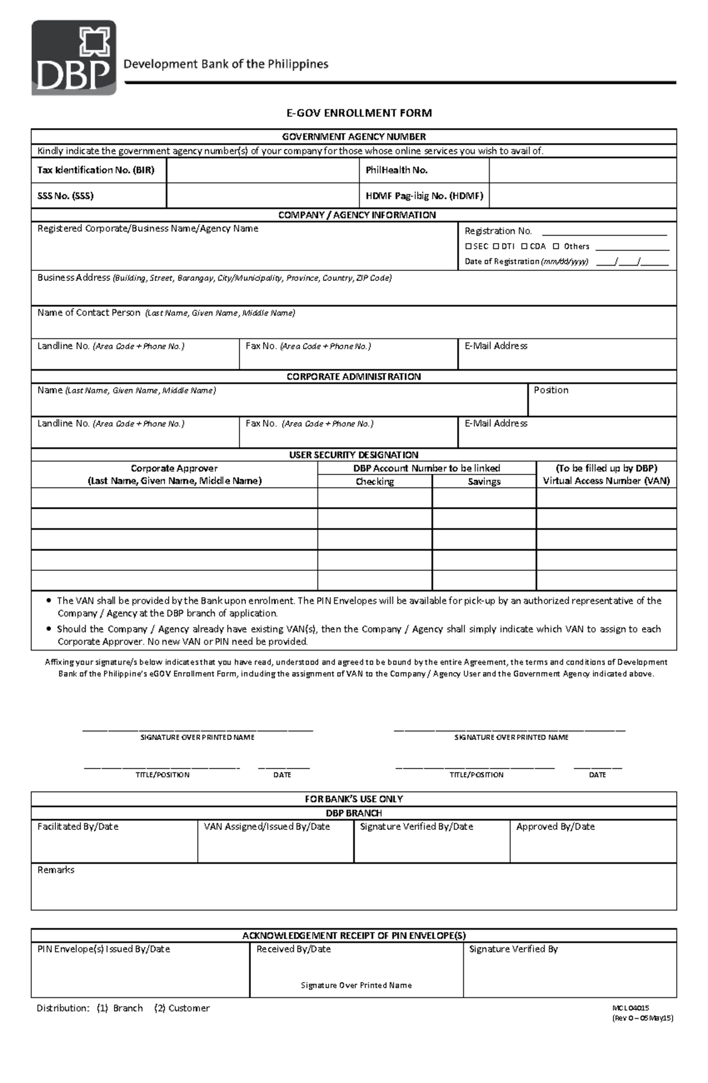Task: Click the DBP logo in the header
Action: click(74, 58)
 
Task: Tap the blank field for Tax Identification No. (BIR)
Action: click(263, 171)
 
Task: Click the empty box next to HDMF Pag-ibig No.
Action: click(582, 196)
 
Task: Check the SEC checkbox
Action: click(468, 247)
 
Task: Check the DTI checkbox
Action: click(496, 247)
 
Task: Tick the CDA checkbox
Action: click(525, 247)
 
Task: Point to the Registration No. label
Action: click(498, 231)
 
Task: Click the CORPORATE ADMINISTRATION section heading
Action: click(353, 377)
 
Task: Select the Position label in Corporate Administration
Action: click(550, 390)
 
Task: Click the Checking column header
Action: click(375, 482)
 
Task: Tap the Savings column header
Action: click(484, 482)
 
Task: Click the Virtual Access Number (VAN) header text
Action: click(606, 481)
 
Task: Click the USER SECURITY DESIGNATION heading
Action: click(353, 455)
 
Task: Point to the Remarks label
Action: click(56, 870)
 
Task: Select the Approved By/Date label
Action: click(555, 827)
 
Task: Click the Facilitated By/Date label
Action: click(78, 827)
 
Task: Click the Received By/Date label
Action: click(293, 949)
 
